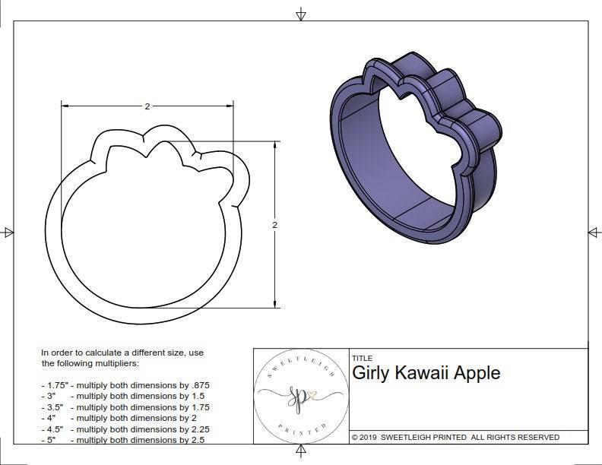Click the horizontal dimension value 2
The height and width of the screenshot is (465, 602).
pos(147,106)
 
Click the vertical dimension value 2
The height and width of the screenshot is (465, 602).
pos(274,225)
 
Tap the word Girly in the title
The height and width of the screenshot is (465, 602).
pos(371,373)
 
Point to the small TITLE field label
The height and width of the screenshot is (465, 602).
pos(361,358)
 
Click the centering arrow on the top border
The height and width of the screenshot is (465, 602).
pos(301,14)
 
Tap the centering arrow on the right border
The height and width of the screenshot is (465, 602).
pos(593,232)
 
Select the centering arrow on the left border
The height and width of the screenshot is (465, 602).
pos(8,232)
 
